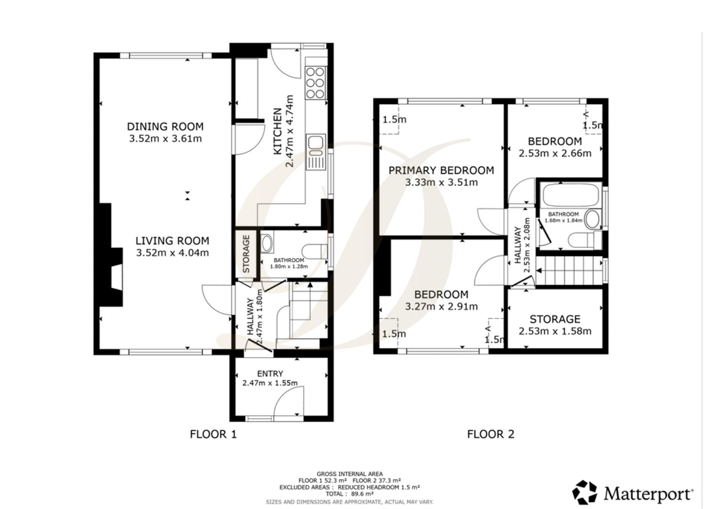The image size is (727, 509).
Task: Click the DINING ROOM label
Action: [165, 126]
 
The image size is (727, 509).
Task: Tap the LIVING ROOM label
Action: [172, 241]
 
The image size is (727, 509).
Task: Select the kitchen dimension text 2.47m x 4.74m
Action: [289, 131]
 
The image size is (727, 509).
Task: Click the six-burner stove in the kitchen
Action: [316, 83]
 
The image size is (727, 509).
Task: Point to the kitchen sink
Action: [316, 152]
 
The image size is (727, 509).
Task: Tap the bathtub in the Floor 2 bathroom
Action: [571, 195]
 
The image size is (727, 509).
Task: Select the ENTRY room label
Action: [270, 374]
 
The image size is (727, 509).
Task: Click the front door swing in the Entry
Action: [289, 401]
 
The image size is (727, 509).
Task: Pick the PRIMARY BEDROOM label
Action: [441, 171]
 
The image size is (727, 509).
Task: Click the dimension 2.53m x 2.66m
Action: [555, 153]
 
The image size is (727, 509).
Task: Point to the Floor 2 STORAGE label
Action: [555, 320]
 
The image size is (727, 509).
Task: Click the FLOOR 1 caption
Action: [213, 435]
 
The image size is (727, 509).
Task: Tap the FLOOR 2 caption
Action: [491, 435]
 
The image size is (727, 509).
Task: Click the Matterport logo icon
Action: [585, 493]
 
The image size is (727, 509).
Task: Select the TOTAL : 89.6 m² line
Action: [350, 494]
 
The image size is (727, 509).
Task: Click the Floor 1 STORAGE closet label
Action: [246, 254]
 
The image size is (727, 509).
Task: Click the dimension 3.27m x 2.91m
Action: [441, 306]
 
